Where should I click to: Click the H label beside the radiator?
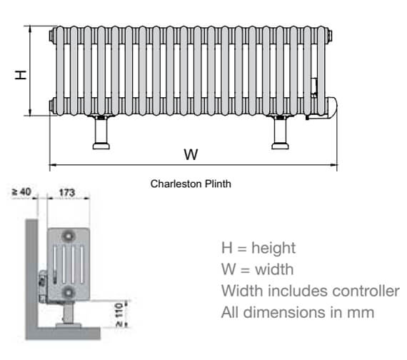pyautogui.click(x=22, y=74)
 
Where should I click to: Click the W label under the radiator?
pyautogui.click(x=191, y=154)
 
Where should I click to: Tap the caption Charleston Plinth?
pyautogui.click(x=191, y=184)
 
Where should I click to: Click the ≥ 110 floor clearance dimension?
pyautogui.click(x=119, y=314)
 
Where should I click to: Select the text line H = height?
pyautogui.click(x=258, y=249)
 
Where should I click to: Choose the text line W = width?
pyautogui.click(x=256, y=270)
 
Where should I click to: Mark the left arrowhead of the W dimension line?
pyautogui.click(x=53, y=166)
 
